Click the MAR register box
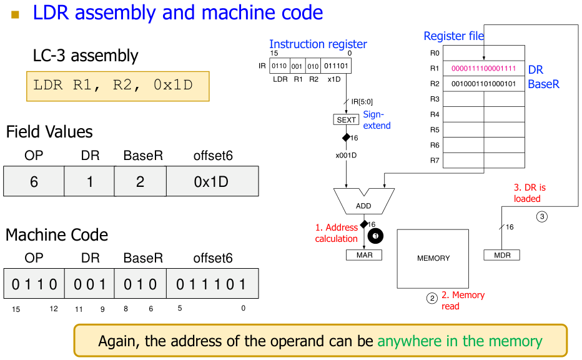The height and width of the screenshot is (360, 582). pos(364,255)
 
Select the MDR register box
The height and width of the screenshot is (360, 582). pos(501,255)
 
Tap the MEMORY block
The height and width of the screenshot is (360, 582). pos(433,258)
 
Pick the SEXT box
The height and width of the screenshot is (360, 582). pos(346,119)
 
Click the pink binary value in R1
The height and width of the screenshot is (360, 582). pos(483,68)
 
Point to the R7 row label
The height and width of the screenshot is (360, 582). pos(435,161)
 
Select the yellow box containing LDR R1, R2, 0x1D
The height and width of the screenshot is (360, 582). pos(117,86)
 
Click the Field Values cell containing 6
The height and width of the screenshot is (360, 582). pos(34,181)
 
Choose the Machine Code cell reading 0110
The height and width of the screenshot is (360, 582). pos(34,284)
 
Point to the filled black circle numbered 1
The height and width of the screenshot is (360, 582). pos(375,236)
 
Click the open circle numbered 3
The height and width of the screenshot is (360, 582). pos(542,216)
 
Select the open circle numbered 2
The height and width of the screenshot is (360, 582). pos(432,298)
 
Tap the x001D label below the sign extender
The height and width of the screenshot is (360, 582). pos(346,154)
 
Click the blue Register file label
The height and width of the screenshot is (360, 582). pos(453,36)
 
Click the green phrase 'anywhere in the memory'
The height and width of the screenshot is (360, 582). pos(460,341)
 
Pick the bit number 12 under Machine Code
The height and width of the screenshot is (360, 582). pos(54,309)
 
